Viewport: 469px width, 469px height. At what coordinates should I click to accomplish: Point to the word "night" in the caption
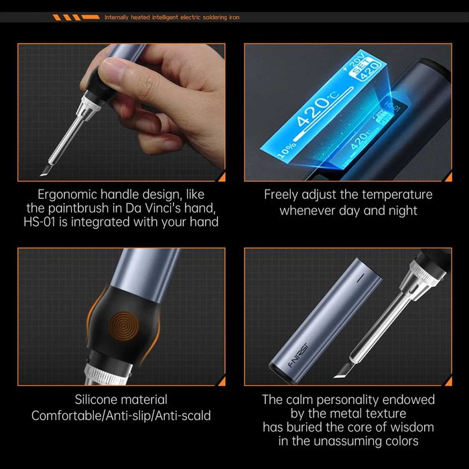click(401, 210)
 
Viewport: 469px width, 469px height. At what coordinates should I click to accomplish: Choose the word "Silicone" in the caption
click(100, 400)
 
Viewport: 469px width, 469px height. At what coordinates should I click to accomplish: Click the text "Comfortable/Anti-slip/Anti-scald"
click(121, 415)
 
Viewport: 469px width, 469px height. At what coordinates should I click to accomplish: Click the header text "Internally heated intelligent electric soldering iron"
click(172, 17)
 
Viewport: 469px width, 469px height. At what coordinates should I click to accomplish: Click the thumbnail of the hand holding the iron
click(121, 112)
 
